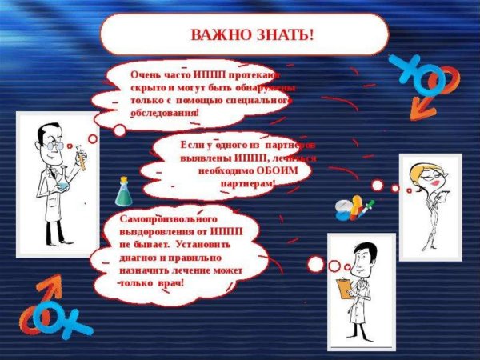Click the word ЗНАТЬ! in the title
coord(282,35)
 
